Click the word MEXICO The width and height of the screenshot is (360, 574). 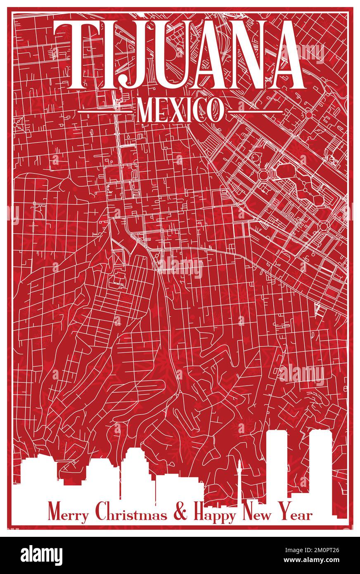click(180, 111)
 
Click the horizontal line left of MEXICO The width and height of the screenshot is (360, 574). click(106, 111)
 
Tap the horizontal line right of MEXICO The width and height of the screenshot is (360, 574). click(255, 111)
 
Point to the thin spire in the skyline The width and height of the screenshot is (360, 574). click(239, 475)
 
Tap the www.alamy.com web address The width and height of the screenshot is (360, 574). click(314, 561)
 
